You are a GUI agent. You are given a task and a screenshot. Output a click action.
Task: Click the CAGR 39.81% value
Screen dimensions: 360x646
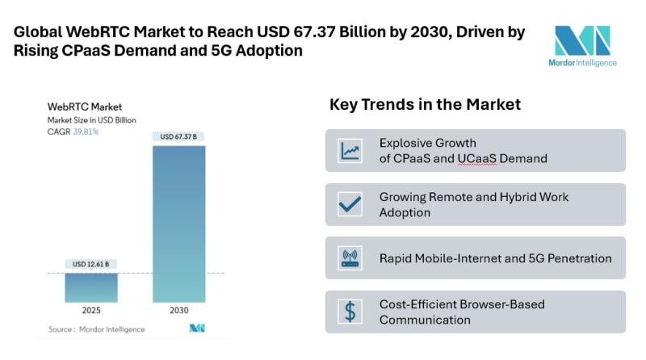[86, 131]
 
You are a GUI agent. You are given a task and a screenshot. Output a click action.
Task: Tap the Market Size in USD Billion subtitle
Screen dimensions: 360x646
[91, 119]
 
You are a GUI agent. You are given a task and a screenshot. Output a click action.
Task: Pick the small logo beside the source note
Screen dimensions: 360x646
[196, 329]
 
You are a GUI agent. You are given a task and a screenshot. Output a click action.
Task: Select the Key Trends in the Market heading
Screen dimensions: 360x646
[425, 105]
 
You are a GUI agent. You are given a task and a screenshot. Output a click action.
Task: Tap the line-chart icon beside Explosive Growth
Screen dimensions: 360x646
[350, 150]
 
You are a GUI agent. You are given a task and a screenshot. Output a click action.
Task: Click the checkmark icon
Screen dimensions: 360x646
[350, 204]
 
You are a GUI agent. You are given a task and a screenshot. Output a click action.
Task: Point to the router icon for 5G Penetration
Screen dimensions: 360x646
[350, 258]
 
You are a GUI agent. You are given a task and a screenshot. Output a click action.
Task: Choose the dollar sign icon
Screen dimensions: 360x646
[350, 312]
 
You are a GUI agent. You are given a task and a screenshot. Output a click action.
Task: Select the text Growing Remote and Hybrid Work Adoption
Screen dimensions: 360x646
[473, 204]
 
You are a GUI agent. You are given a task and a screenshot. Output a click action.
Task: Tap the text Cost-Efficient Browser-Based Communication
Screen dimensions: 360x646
[462, 312]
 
